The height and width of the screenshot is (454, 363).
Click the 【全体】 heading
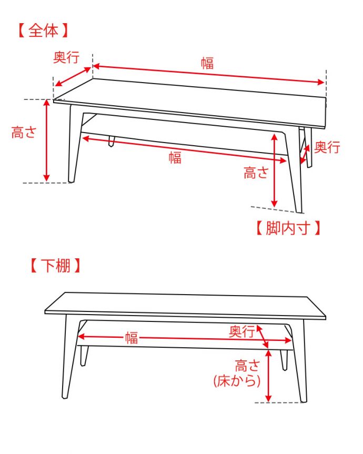43,30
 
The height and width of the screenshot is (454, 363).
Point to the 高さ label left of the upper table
24,133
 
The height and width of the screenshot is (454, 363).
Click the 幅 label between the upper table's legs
175,157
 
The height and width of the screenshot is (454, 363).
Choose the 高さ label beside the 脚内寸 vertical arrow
256,173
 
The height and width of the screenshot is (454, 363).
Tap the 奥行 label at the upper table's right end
327,147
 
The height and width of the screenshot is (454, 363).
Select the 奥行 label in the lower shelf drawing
241,331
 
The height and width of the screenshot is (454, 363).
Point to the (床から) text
237,381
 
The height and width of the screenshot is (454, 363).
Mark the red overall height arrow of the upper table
47,140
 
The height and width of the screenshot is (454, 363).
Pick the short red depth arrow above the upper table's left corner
73,77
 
